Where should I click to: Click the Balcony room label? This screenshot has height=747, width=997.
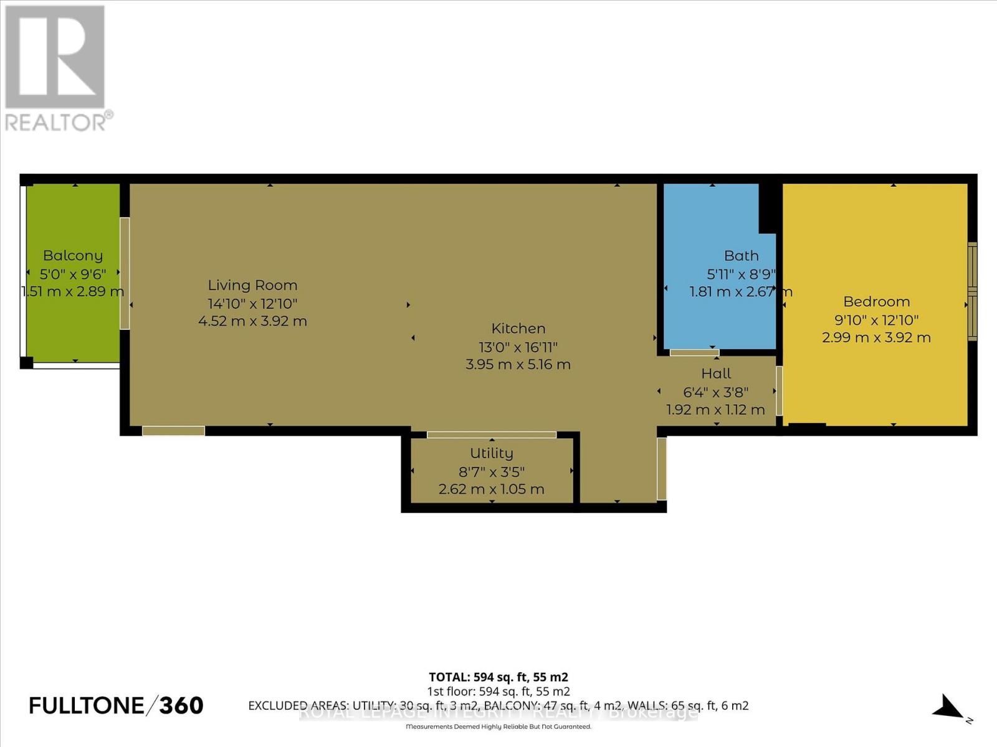click(73, 255)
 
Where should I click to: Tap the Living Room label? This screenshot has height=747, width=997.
click(252, 285)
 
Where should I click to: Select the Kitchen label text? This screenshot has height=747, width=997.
click(518, 328)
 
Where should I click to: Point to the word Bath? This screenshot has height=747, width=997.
click(741, 255)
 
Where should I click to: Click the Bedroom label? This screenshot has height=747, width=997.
click(876, 301)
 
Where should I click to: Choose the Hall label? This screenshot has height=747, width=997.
click(716, 374)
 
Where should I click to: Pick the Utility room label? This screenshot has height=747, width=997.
click(492, 453)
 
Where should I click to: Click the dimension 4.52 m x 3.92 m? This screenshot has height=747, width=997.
click(252, 321)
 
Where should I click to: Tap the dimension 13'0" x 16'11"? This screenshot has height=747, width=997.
click(518, 347)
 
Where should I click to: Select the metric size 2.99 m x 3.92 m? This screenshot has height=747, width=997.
click(876, 337)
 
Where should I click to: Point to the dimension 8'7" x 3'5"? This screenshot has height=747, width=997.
click(492, 471)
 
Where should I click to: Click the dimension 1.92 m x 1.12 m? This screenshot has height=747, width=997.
click(715, 410)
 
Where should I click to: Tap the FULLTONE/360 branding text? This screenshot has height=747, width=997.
click(117, 705)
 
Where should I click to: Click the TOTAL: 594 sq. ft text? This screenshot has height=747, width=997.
click(499, 677)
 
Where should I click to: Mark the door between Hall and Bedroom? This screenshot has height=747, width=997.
click(779, 391)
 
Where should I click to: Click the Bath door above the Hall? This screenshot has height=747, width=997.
click(694, 352)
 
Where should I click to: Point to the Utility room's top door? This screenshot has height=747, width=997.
click(492, 435)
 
